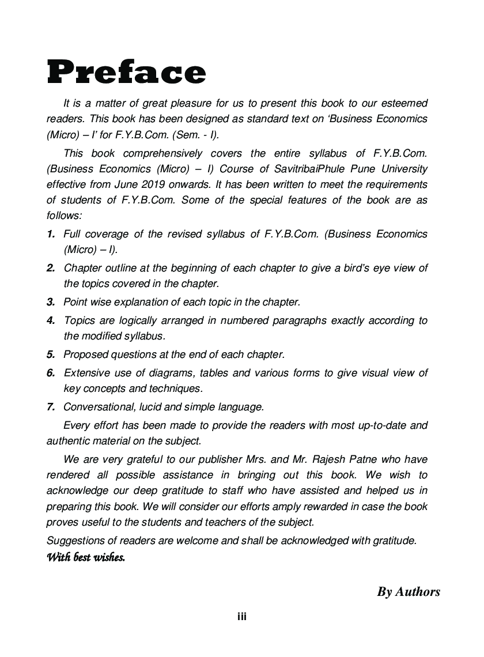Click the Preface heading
126,73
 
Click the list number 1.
51,235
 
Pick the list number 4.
51,320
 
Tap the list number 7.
51,407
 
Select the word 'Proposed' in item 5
84,354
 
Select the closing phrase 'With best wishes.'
85,557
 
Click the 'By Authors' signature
409,591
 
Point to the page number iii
242,617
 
